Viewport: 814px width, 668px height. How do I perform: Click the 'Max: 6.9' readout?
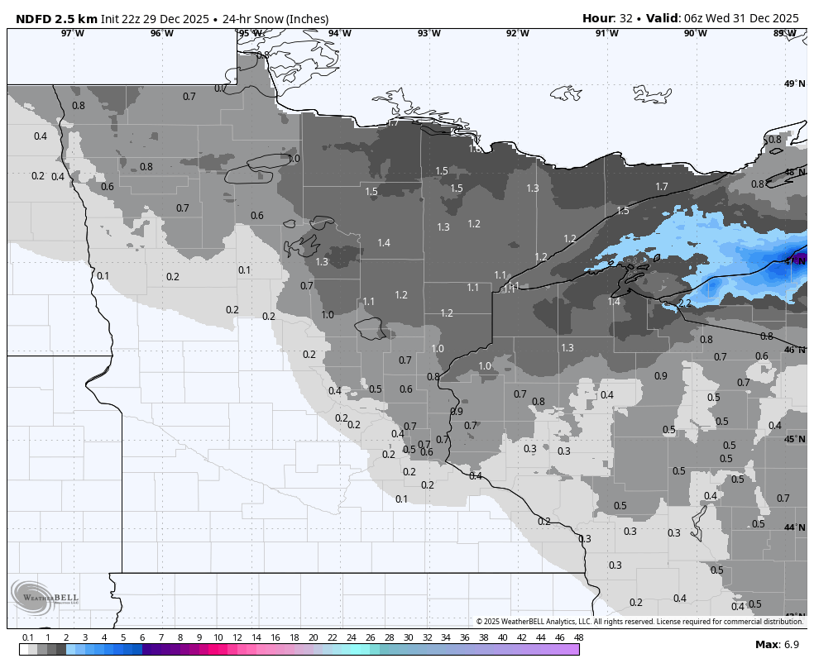(776, 644)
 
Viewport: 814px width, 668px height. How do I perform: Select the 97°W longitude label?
(73, 33)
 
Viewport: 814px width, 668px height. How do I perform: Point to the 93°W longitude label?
(429, 33)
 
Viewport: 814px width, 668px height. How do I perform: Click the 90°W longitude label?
(695, 33)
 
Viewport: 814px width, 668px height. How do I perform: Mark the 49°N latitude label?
(794, 83)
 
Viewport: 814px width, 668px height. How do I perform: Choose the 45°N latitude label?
(794, 439)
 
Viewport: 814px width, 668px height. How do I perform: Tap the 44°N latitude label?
(794, 527)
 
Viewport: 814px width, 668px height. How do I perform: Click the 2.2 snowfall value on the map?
(684, 303)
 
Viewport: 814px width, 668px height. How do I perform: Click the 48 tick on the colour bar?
(578, 637)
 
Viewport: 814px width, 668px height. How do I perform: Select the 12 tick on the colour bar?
(237, 637)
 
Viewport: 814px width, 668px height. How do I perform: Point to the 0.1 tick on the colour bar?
(27, 637)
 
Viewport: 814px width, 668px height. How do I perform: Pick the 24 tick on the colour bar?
(351, 637)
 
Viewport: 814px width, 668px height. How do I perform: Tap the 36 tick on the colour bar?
(465, 637)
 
